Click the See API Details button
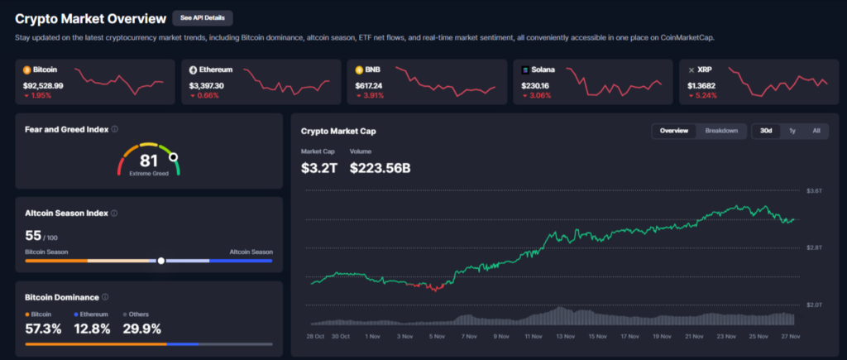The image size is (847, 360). (203, 17)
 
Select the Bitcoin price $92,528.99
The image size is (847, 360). (43, 85)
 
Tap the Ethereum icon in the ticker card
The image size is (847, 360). (193, 70)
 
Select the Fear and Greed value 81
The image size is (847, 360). (149, 160)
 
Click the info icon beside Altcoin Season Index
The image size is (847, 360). (113, 213)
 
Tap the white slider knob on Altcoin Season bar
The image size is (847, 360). (161, 260)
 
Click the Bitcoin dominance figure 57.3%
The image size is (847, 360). (43, 329)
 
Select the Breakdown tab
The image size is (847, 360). (721, 131)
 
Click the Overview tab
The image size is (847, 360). (674, 131)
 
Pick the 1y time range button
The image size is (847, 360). (792, 131)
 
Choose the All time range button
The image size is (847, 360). (816, 131)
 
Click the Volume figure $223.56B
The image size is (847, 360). (380, 168)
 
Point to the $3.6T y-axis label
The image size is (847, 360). (814, 191)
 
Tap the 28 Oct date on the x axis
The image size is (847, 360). (315, 337)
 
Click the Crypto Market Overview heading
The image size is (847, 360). (89, 17)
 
